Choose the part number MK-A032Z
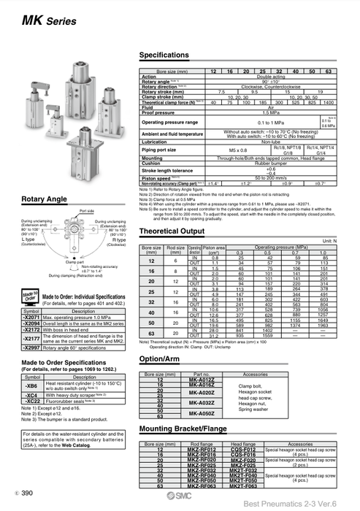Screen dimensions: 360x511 (202, 402)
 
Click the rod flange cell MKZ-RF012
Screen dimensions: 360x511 (202, 450)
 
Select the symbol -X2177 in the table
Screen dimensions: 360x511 (31, 339)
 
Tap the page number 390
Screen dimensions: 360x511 (28, 494)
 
